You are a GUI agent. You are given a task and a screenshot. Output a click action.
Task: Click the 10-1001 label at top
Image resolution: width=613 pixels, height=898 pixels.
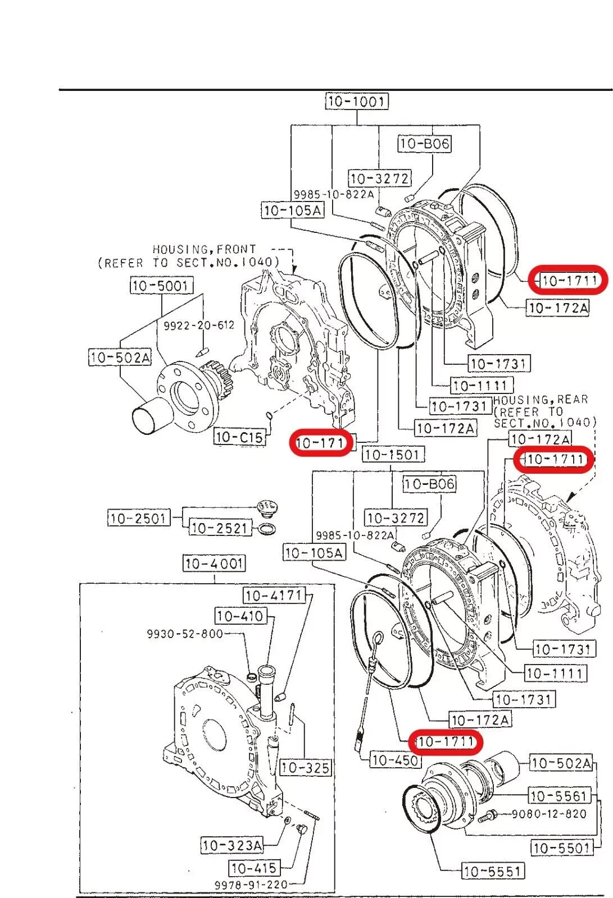coord(357,102)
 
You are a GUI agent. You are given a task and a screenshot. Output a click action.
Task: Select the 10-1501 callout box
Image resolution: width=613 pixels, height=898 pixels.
coord(393,455)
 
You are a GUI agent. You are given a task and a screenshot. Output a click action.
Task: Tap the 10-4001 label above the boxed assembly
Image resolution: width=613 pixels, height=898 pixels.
coord(214,563)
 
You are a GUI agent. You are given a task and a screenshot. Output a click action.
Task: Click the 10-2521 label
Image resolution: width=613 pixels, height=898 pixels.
coord(219,528)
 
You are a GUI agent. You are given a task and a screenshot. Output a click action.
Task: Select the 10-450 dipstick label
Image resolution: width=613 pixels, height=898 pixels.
coord(396,760)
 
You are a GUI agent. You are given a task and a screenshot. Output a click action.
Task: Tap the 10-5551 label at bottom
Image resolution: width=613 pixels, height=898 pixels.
coord(493,871)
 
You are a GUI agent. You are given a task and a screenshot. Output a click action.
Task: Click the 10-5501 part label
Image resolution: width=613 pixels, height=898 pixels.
coord(562,848)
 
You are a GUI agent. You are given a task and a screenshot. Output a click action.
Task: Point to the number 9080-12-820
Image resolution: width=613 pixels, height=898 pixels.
coord(548,814)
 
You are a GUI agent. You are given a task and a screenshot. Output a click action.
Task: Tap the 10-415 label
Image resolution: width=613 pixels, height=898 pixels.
coord(254,868)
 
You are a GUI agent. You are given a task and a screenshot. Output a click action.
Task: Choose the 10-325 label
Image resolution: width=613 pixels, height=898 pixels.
coord(305,767)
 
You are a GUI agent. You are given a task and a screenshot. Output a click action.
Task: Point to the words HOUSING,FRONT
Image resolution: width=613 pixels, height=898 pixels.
coord(204,249)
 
